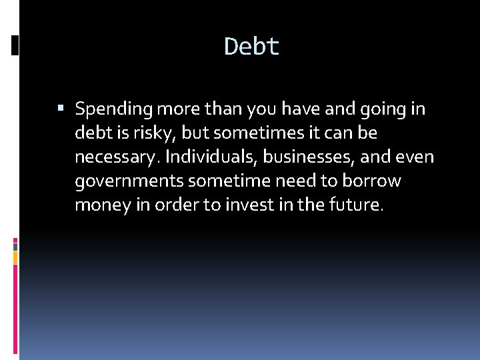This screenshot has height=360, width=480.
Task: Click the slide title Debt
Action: coord(252,47)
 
